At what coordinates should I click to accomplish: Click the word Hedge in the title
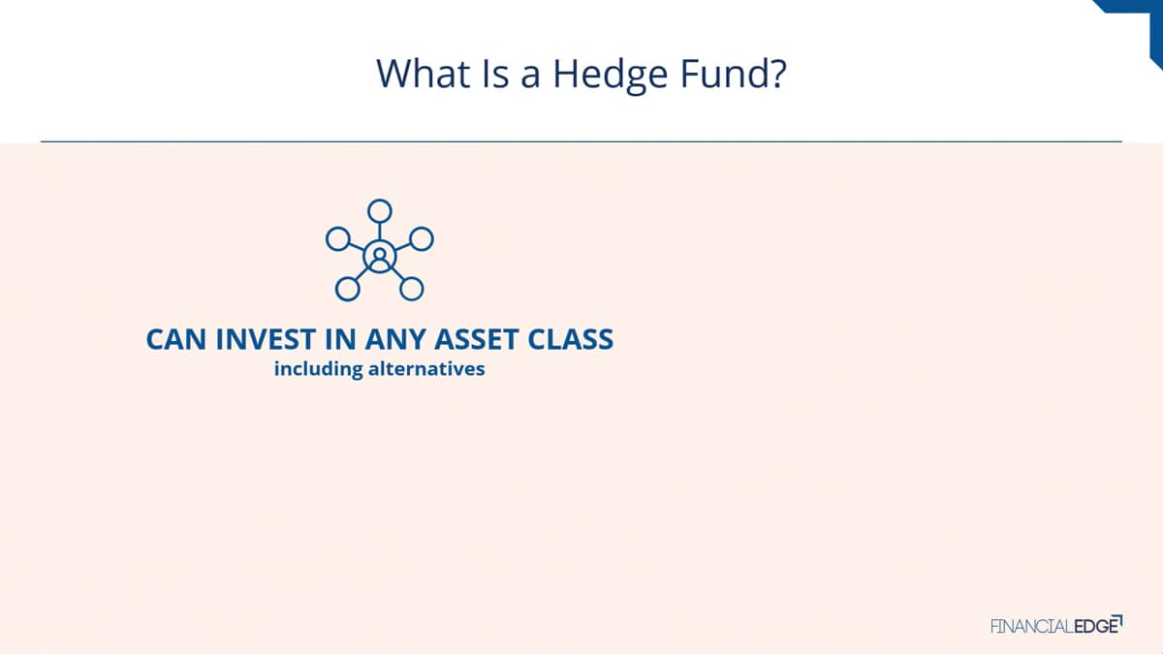610,76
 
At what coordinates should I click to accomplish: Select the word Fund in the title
725,74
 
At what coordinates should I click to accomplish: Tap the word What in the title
424,74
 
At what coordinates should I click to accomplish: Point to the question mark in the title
779,74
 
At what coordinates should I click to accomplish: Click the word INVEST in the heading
266,339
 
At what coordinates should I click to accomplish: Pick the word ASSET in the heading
476,339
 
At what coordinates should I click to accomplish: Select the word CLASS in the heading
571,339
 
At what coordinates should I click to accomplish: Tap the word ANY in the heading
394,339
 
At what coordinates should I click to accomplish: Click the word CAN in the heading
176,339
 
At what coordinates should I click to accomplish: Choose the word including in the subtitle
318,369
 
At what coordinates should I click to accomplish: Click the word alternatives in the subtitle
426,369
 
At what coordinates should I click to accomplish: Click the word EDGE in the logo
1096,627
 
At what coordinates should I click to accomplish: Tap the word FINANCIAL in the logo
1032,627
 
